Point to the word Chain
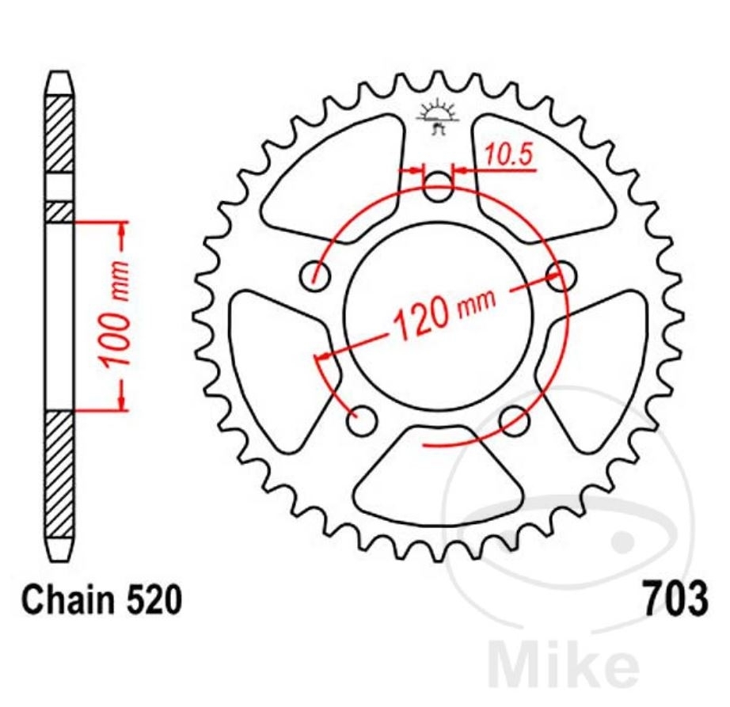pyautogui.click(x=68, y=599)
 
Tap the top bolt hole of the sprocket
pyautogui.click(x=438, y=187)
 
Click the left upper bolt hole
pyautogui.click(x=315, y=276)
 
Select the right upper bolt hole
pyautogui.click(x=561, y=276)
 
